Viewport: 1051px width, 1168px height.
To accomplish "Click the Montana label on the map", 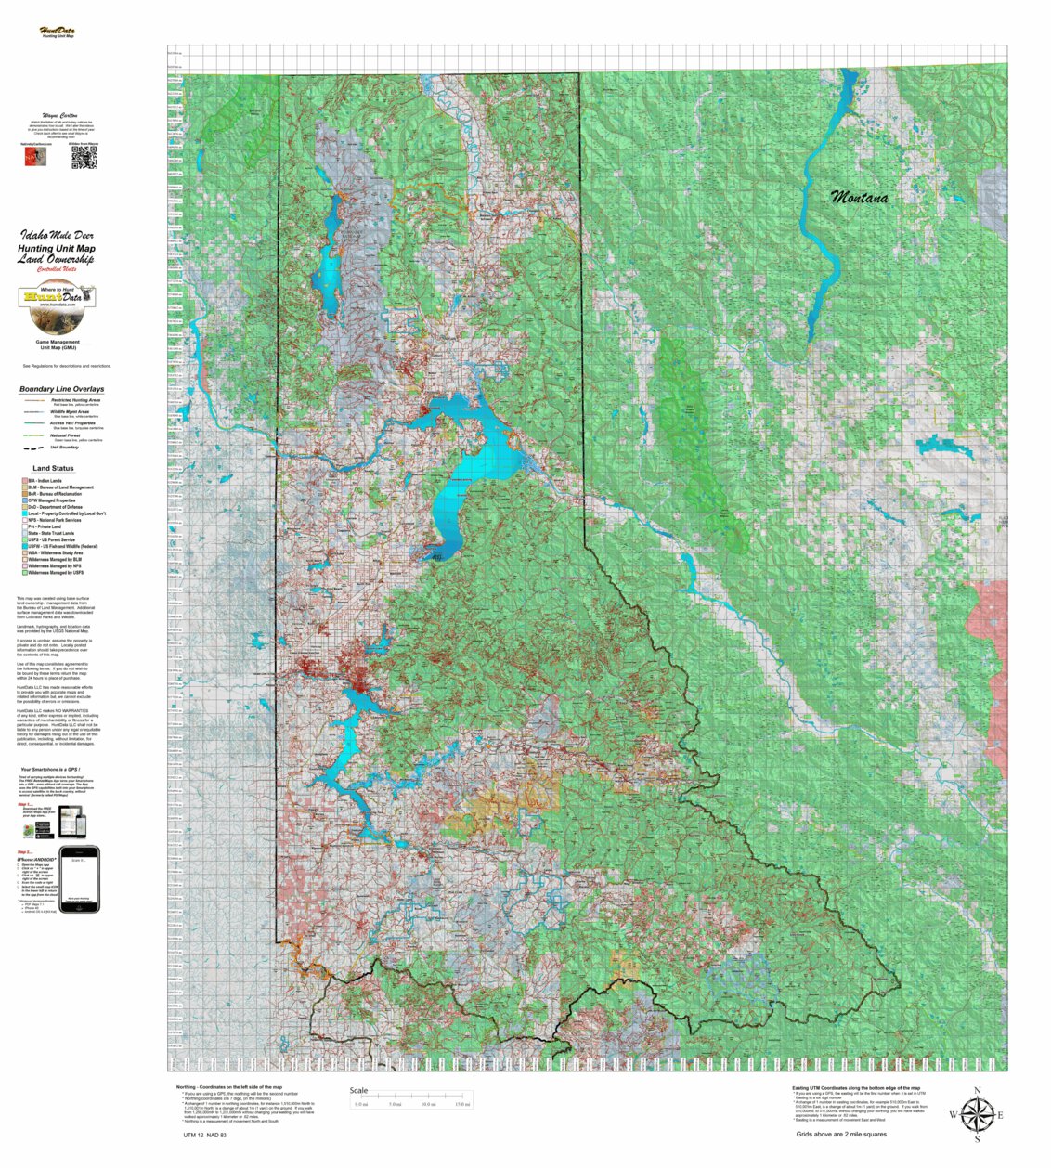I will tap(859, 197).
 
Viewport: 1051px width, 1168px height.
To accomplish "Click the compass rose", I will tap(977, 1114).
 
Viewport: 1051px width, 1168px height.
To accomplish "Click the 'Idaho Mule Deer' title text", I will tap(57, 236).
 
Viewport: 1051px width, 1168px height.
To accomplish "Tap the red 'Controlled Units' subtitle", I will tap(57, 269).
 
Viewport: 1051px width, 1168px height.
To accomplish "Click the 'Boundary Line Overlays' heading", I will tap(61, 389).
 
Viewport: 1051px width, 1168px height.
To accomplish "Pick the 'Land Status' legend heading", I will tap(53, 468).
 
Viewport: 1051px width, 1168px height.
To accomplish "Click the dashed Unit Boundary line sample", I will tap(34, 447).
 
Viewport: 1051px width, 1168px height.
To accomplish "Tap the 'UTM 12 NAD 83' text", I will tap(204, 1135).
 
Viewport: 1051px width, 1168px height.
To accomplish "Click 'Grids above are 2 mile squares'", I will tap(840, 1134).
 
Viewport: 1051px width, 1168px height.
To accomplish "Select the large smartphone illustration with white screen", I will tap(79, 878).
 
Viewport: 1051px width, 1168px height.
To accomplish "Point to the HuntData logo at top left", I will tap(58, 32).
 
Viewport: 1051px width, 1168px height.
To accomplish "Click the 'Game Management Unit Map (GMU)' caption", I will tap(58, 344).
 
